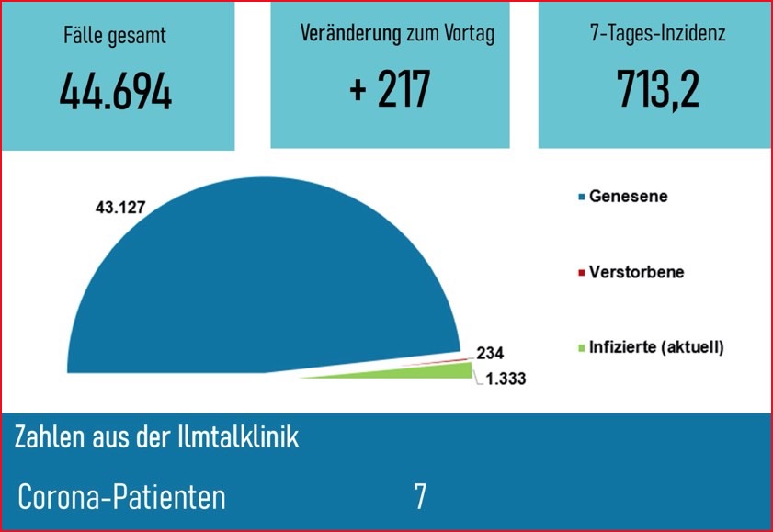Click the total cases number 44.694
pyautogui.click(x=116, y=93)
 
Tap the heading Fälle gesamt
pyautogui.click(x=116, y=38)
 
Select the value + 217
pyautogui.click(x=391, y=91)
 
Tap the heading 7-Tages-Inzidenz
pyautogui.click(x=657, y=35)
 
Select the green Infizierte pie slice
pyautogui.click(x=432, y=371)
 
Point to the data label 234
pyautogui.click(x=491, y=354)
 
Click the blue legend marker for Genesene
pyautogui.click(x=581, y=197)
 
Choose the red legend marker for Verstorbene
pyautogui.click(x=581, y=273)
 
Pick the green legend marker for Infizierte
pyautogui.click(x=581, y=348)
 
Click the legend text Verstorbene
pyautogui.click(x=636, y=273)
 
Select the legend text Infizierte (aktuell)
pyautogui.click(x=656, y=348)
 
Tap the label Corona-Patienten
pyautogui.click(x=122, y=497)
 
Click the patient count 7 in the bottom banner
pyautogui.click(x=420, y=497)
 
